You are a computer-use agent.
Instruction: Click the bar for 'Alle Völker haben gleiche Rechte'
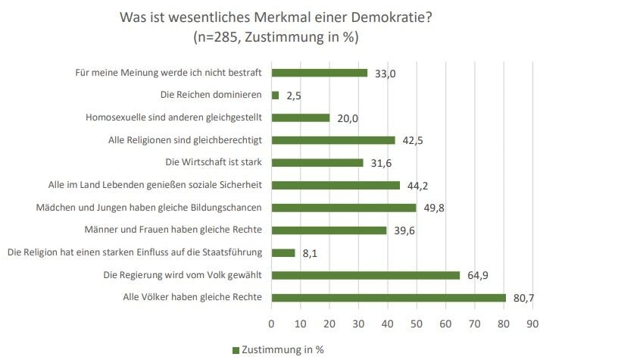(388, 298)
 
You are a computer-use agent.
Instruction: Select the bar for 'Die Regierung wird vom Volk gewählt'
(365, 275)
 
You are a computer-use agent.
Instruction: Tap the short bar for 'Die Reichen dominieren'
(275, 95)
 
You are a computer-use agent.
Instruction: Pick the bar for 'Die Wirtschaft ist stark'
(317, 163)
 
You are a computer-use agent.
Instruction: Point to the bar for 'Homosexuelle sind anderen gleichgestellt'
(301, 118)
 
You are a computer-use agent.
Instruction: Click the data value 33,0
(386, 74)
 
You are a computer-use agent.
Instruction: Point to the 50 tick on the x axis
(417, 323)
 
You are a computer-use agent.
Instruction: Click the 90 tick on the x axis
(532, 323)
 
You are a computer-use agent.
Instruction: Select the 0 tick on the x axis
(272, 323)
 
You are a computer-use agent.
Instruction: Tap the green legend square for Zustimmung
(235, 349)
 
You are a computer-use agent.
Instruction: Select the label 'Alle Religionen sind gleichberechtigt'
(186, 140)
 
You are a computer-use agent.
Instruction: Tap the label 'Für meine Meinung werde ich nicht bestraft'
(169, 73)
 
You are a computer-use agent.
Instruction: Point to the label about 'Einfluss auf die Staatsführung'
(134, 252)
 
